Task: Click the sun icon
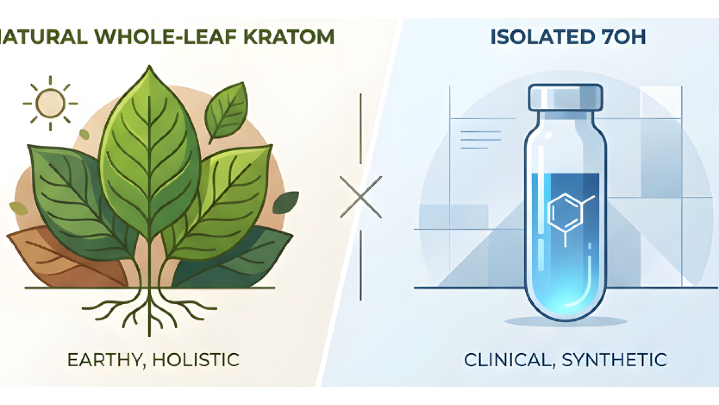[50, 103]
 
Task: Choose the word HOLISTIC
[195, 360]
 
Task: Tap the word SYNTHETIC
[614, 360]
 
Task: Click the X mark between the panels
[361, 197]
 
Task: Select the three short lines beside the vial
[481, 140]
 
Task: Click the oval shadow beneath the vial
[565, 322]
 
